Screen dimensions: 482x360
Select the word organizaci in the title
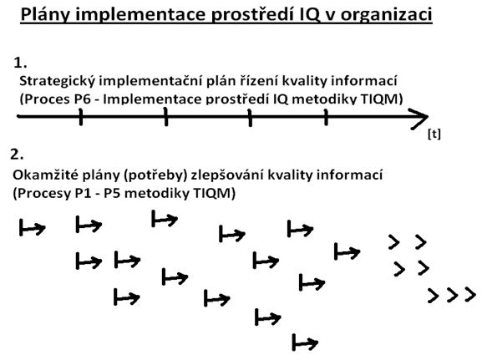tap(387, 15)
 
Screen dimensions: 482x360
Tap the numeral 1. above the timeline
tap(20, 63)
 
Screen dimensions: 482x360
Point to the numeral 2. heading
tap(17, 154)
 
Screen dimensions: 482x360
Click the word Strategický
tap(58, 82)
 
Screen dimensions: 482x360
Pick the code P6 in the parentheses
tap(83, 99)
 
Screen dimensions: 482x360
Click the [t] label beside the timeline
tap(434, 134)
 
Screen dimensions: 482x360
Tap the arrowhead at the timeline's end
tap(427, 116)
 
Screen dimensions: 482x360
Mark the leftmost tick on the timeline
tap(80, 117)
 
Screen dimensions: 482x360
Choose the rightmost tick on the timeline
tap(326, 117)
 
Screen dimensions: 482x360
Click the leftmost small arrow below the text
tap(33, 228)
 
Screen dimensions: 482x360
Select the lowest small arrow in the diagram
tap(305, 342)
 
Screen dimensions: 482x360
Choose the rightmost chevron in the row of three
tap(470, 295)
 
